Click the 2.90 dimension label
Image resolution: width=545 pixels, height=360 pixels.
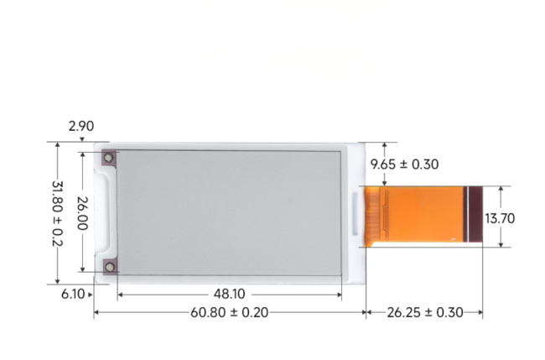coord(81,127)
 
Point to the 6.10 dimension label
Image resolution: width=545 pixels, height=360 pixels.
coord(72,294)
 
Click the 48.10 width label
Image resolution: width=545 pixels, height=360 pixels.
coord(229,295)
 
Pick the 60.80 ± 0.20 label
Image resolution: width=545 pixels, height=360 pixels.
coord(229,313)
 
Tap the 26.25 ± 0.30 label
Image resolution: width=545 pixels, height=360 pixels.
coord(425,313)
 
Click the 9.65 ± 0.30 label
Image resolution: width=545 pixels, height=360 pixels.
coord(406,164)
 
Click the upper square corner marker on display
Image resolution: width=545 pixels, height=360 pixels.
coord(109,159)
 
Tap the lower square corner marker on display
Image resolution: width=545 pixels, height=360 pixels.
coord(109,267)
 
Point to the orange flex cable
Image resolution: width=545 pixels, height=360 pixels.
coord(423,216)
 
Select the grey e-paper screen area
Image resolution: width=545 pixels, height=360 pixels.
coord(228,213)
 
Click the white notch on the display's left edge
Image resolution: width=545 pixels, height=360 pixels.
coord(104,212)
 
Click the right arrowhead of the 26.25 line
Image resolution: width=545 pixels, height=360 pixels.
coord(480,313)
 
